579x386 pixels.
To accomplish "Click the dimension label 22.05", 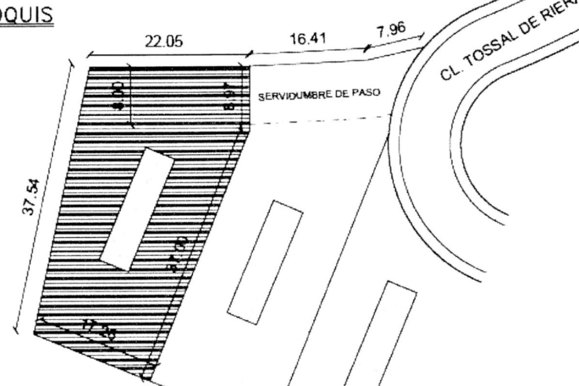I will pyautogui.click(x=164, y=41).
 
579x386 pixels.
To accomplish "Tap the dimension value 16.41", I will pyautogui.click(x=308, y=39).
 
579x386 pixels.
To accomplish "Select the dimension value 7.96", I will pyautogui.click(x=391, y=30).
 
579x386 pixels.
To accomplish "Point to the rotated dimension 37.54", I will pyautogui.click(x=31, y=197).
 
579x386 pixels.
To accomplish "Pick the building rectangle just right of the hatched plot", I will pyautogui.click(x=265, y=262).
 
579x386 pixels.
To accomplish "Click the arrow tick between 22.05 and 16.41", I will pyautogui.click(x=249, y=54).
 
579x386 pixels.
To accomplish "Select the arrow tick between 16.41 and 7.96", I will pyautogui.click(x=366, y=48).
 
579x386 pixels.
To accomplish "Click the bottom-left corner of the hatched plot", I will pyautogui.click(x=34, y=333).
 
